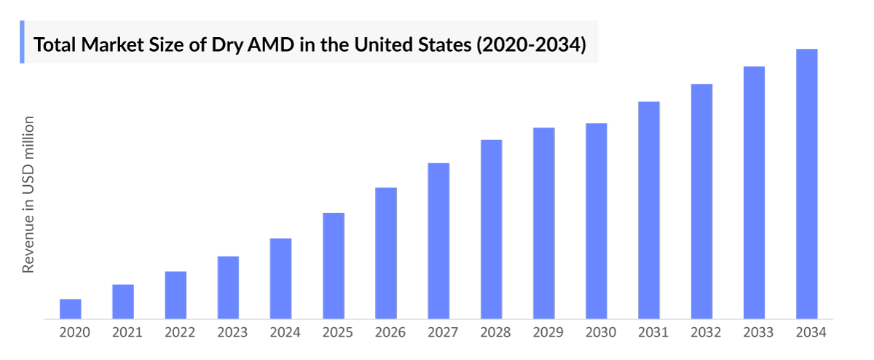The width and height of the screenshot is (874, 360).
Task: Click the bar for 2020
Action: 70,309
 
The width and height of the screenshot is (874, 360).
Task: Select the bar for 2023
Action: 228,287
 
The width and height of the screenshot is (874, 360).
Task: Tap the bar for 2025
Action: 334,265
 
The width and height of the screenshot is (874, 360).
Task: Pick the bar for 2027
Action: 438,240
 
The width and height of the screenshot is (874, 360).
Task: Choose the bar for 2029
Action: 544,223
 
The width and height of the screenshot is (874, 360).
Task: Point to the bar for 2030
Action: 597,221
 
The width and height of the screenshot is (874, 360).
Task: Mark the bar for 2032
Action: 701,201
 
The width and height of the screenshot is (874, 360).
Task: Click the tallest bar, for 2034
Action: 807,184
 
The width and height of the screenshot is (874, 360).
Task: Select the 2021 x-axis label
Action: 127,332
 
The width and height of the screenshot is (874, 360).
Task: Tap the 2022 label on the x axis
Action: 180,332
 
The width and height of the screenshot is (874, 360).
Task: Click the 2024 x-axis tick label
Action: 285,332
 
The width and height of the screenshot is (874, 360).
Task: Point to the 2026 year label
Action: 390,332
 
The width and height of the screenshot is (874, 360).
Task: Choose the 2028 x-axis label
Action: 495,332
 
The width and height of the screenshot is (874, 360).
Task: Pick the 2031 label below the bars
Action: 653,332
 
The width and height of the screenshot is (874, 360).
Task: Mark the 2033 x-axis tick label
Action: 758,332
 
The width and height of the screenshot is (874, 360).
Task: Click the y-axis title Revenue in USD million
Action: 28,194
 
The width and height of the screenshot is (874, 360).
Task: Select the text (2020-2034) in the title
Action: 530,45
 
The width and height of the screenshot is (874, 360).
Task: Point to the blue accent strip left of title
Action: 22,42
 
